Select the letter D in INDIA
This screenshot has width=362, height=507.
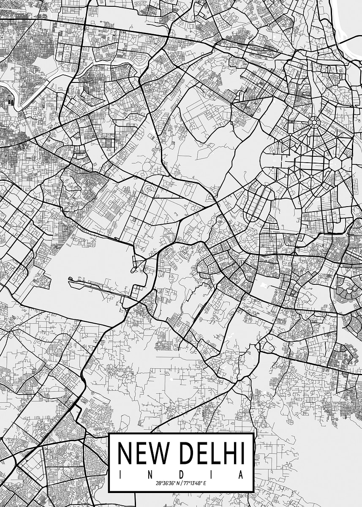coord(181,475)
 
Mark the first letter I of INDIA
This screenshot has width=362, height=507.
coord(120,475)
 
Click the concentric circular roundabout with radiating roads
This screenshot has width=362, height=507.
coord(314,123)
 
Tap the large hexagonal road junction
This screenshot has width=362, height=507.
coord(335,164)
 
